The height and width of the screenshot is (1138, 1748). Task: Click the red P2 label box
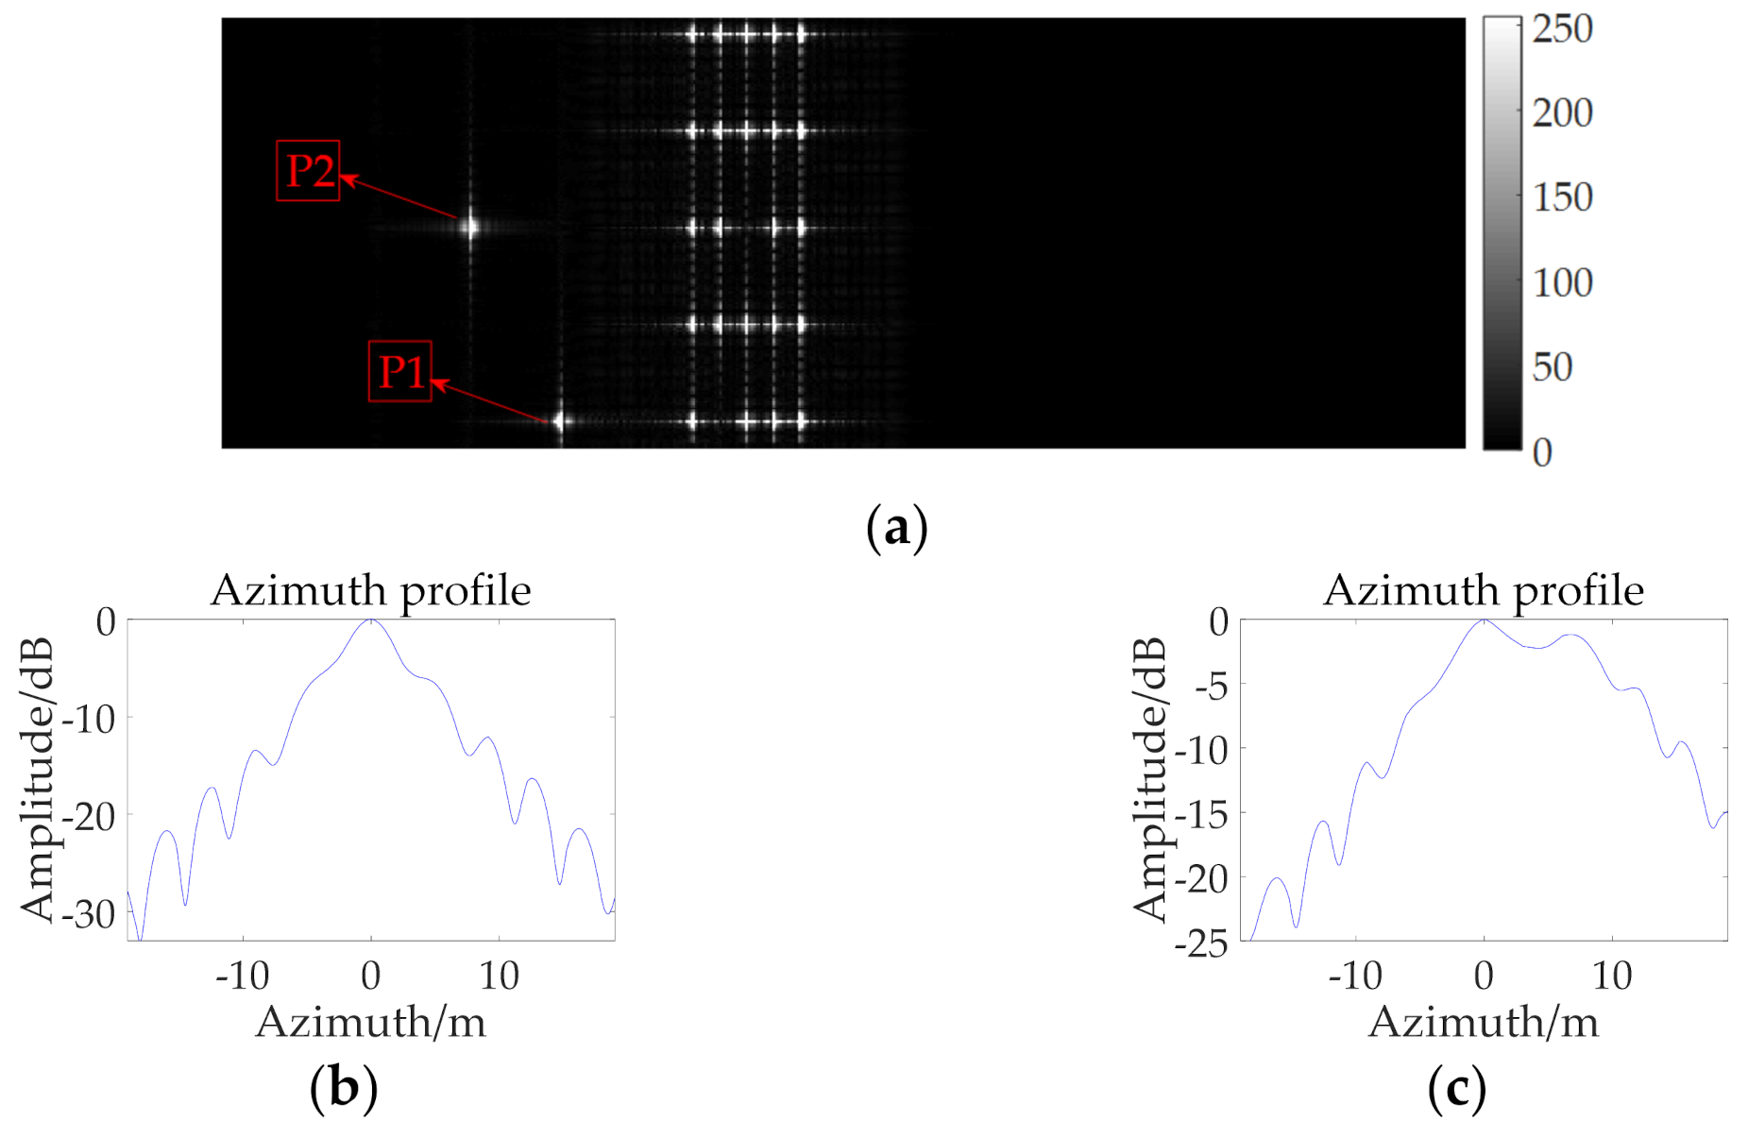(308, 171)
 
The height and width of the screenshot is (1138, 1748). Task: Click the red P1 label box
(399, 371)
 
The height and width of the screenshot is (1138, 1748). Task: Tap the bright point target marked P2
(469, 227)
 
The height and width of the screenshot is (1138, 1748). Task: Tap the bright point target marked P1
(560, 421)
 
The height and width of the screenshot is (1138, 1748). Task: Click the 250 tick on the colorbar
(1562, 29)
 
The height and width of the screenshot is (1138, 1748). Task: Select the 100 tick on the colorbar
(1562, 282)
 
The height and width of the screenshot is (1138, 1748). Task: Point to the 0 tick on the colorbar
(1542, 452)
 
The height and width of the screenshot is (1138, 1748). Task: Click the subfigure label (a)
(896, 528)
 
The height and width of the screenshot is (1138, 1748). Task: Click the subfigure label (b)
(343, 1087)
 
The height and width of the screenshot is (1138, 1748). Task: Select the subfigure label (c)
(1456, 1087)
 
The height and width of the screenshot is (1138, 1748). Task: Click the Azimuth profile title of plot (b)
(370, 590)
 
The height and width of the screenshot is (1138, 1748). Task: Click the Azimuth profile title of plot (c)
(1483, 590)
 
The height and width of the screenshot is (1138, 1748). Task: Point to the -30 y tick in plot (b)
(88, 913)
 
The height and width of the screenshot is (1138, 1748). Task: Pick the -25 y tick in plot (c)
(1201, 943)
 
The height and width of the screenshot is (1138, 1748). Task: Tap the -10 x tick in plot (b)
(243, 976)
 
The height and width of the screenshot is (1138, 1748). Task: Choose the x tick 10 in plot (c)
(1612, 976)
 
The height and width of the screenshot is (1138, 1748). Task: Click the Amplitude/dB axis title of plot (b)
(37, 779)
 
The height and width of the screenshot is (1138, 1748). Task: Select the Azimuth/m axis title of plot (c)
(1483, 1022)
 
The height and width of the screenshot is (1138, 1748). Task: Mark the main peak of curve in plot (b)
(371, 620)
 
